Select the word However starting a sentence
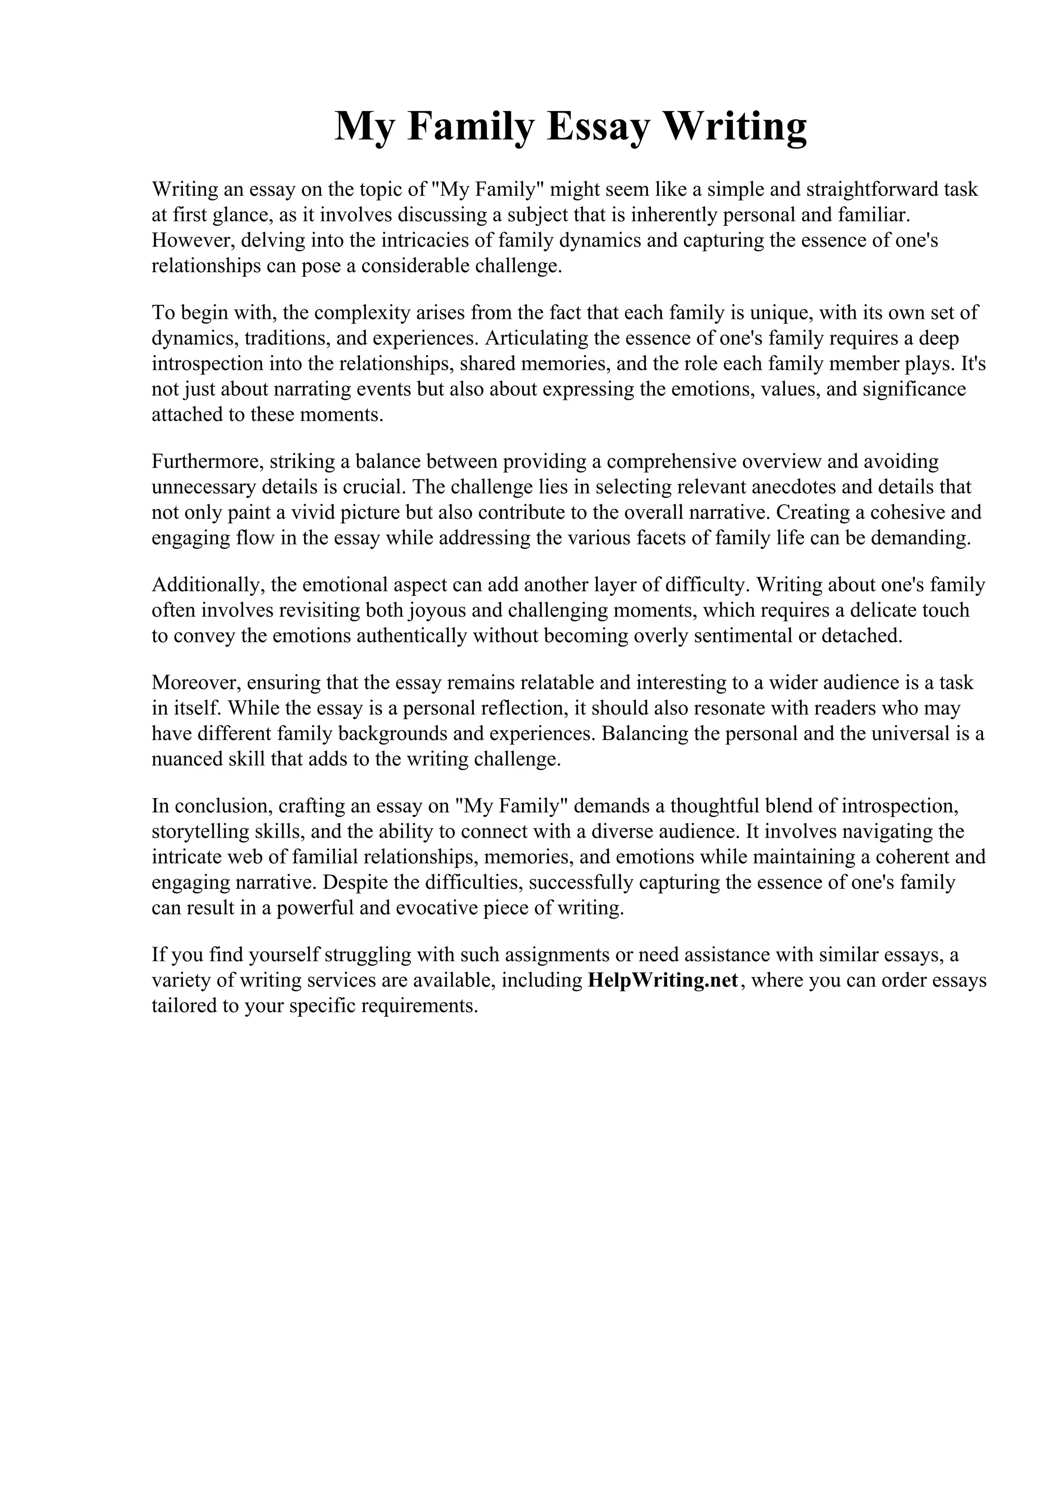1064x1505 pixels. tap(192, 240)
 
